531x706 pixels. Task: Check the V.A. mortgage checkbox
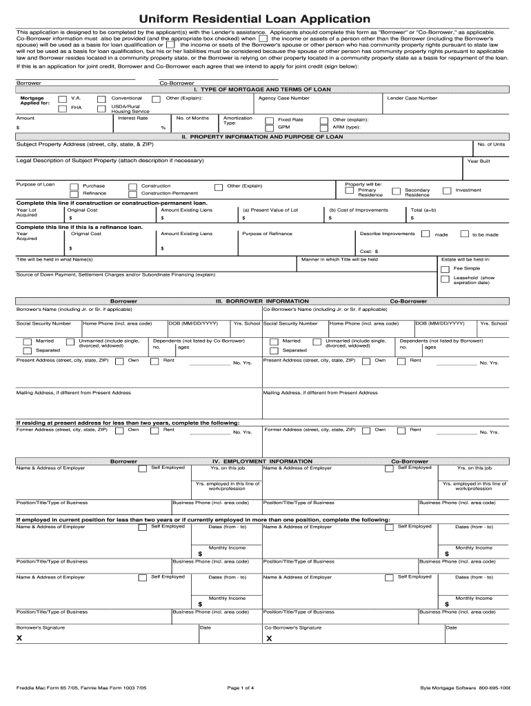click(x=63, y=99)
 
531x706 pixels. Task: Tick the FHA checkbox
click(x=63, y=108)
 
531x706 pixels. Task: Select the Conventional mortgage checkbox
click(x=101, y=99)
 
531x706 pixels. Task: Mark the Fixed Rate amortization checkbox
click(x=268, y=120)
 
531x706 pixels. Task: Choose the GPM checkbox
click(x=268, y=128)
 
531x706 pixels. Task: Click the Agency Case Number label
click(x=283, y=99)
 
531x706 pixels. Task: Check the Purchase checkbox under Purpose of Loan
click(x=74, y=186)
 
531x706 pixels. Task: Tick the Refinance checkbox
click(x=74, y=194)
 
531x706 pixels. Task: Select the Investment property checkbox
click(x=447, y=190)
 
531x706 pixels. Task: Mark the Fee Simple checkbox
click(x=444, y=268)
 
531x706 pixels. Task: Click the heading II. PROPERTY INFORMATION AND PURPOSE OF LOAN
click(x=262, y=137)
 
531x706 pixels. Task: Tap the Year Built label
click(x=479, y=161)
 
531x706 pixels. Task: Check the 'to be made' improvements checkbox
click(x=464, y=234)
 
